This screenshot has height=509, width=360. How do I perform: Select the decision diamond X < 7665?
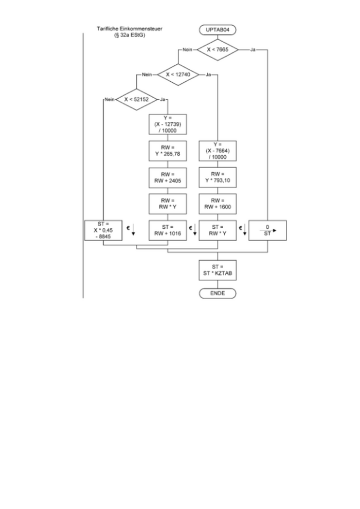coord(217,50)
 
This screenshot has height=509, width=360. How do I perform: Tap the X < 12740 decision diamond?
coord(177,75)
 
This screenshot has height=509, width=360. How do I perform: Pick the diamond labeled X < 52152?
coord(137,99)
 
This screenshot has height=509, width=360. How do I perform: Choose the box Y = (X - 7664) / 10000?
coord(217,151)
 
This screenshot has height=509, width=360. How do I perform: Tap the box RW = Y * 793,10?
coord(217,177)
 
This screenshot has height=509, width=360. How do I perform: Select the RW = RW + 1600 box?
coord(217,204)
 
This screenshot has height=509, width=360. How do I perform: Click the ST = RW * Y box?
coord(217,230)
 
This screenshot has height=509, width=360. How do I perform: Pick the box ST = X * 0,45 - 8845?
coord(103,230)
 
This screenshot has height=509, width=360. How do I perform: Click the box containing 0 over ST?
coord(267,230)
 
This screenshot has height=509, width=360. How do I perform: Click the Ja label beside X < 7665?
coord(253,50)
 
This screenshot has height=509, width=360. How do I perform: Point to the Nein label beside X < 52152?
coord(109,99)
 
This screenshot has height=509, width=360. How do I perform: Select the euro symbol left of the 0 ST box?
coord(241,227)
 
